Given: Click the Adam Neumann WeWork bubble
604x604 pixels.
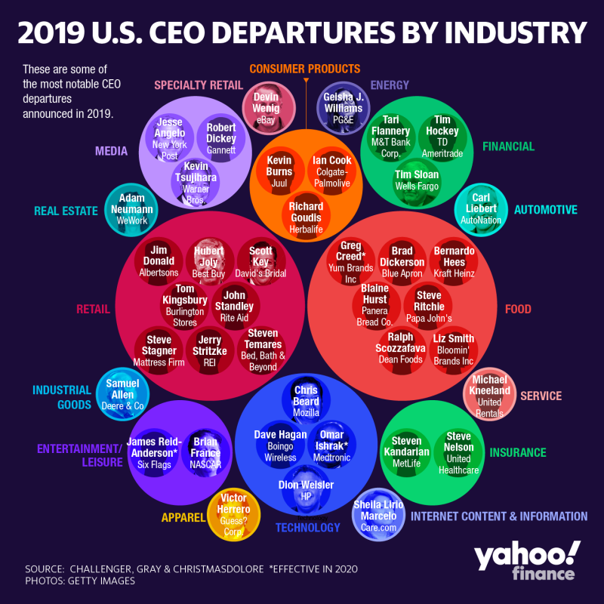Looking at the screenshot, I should pyautogui.click(x=131, y=208).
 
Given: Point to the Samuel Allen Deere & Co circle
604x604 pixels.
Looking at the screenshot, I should pyautogui.click(x=122, y=394).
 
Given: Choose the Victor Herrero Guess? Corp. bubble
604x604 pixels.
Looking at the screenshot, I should pyautogui.click(x=233, y=516).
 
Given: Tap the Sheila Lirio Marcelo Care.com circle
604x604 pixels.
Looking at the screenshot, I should pyautogui.click(x=379, y=515).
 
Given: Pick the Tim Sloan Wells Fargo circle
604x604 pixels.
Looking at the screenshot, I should pyautogui.click(x=416, y=180).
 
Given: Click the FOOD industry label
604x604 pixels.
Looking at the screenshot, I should pyautogui.click(x=518, y=309).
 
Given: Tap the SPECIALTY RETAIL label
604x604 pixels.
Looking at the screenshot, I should pyautogui.click(x=198, y=85).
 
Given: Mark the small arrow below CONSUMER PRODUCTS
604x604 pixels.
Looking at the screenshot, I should pyautogui.click(x=307, y=80).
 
